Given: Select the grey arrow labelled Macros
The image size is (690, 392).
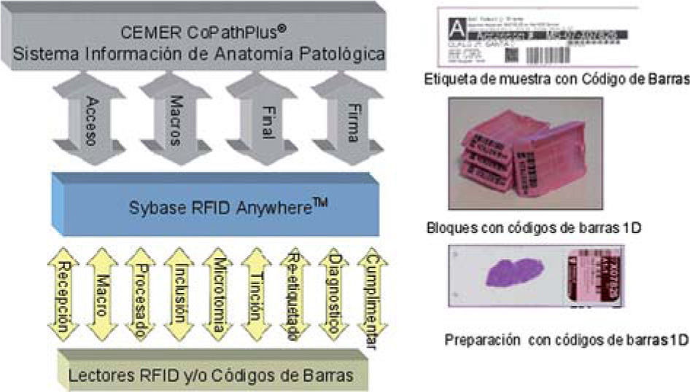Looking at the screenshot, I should (x=176, y=119).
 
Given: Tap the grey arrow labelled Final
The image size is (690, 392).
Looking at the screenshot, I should (x=261, y=119).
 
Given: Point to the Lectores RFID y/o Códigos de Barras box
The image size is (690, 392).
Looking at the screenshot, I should (x=212, y=375).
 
